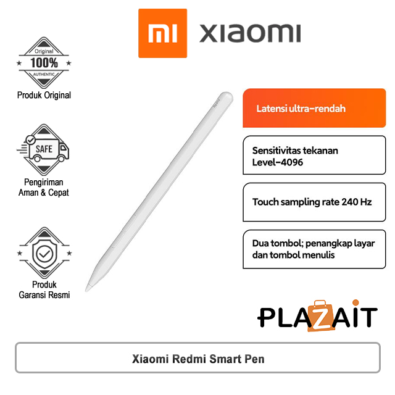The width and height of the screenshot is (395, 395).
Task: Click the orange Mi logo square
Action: click(162, 33)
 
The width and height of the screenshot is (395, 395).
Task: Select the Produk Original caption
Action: click(44, 95)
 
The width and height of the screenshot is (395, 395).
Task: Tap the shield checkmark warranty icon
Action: click(44, 254)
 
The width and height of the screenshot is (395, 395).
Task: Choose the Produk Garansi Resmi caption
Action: click(44, 290)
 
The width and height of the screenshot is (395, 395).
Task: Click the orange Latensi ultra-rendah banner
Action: click(314, 109)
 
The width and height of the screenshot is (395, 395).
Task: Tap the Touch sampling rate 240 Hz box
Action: click(314, 202)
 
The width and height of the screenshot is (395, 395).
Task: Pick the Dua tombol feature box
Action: click(314, 249)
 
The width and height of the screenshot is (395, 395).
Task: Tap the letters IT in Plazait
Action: click(363, 317)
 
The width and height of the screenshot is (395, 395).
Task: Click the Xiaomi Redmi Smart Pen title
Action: click(198, 359)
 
